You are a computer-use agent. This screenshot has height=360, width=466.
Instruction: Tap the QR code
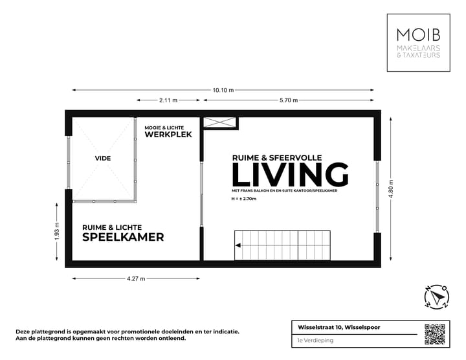coord(435,334)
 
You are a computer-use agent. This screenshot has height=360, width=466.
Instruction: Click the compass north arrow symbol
coord(437,297)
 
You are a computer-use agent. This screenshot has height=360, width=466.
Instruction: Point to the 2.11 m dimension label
coord(168,100)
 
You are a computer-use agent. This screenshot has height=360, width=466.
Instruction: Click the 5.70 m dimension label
coord(289,100)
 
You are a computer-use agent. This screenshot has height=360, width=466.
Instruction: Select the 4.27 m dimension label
coord(135,279)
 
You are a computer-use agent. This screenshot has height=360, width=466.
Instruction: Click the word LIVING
coord(290,175)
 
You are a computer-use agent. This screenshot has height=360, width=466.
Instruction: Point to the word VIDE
coord(102,157)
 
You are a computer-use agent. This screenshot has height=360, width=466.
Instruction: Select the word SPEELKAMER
coord(123,237)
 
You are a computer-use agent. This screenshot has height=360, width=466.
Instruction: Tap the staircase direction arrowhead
coord(238,246)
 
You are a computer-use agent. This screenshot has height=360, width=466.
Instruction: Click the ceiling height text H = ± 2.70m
coord(243,199)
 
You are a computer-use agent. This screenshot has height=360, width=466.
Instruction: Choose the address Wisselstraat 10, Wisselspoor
coord(334,327)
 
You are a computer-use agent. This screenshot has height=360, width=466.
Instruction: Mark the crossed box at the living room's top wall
coord(220,122)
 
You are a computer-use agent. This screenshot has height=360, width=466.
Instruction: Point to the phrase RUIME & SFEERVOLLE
coord(276,157)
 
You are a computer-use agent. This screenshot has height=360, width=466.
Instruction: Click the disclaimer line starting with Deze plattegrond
coord(127,332)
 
